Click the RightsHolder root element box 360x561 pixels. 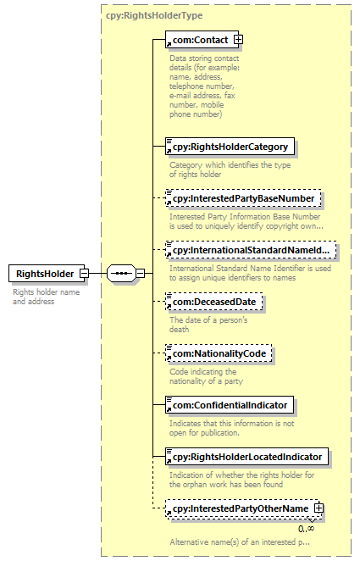pyautogui.click(x=47, y=274)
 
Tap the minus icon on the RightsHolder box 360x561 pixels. pyautogui.click(x=85, y=274)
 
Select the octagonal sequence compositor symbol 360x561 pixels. pyautogui.click(x=121, y=274)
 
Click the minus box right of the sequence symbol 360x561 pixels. pyautogui.click(x=141, y=274)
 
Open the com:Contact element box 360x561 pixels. pyautogui.click(x=202, y=39)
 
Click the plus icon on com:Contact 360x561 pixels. pyautogui.click(x=238, y=39)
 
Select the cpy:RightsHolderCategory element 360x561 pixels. pyautogui.click(x=230, y=147)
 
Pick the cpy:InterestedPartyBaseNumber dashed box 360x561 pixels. pyautogui.click(x=243, y=198)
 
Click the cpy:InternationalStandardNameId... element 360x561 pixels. pyautogui.click(x=251, y=250)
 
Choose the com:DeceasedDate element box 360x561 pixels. pyautogui.click(x=213, y=302)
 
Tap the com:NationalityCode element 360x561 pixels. pyautogui.click(x=219, y=353)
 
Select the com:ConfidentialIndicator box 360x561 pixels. pyautogui.click(x=230, y=405)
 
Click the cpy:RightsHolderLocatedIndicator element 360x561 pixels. pyautogui.click(x=246, y=457)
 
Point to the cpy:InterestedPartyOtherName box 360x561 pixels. pyautogui.click(x=242, y=508)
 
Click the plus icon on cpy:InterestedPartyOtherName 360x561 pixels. pyautogui.click(x=318, y=508)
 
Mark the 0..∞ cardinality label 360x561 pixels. pyautogui.click(x=307, y=529)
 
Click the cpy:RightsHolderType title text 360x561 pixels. pyautogui.click(x=154, y=15)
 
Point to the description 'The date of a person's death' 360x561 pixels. pyautogui.click(x=208, y=325)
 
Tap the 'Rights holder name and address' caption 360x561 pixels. pyautogui.click(x=46, y=297)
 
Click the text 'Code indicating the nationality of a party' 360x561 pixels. pyautogui.click(x=207, y=376)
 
